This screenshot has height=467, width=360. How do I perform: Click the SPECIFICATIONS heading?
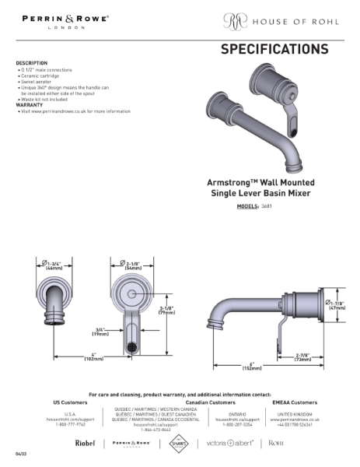coord(274,50)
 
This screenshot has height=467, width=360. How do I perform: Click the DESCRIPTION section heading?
coord(31,63)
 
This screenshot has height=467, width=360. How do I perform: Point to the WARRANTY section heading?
coord(29,104)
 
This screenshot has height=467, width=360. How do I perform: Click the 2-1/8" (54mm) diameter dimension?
coord(133,265)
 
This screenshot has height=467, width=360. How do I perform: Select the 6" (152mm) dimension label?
coord(253,366)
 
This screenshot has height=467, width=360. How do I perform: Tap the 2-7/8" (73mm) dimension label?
coord(302,359)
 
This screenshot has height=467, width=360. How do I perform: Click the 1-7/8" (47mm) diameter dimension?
coord(336,306)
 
